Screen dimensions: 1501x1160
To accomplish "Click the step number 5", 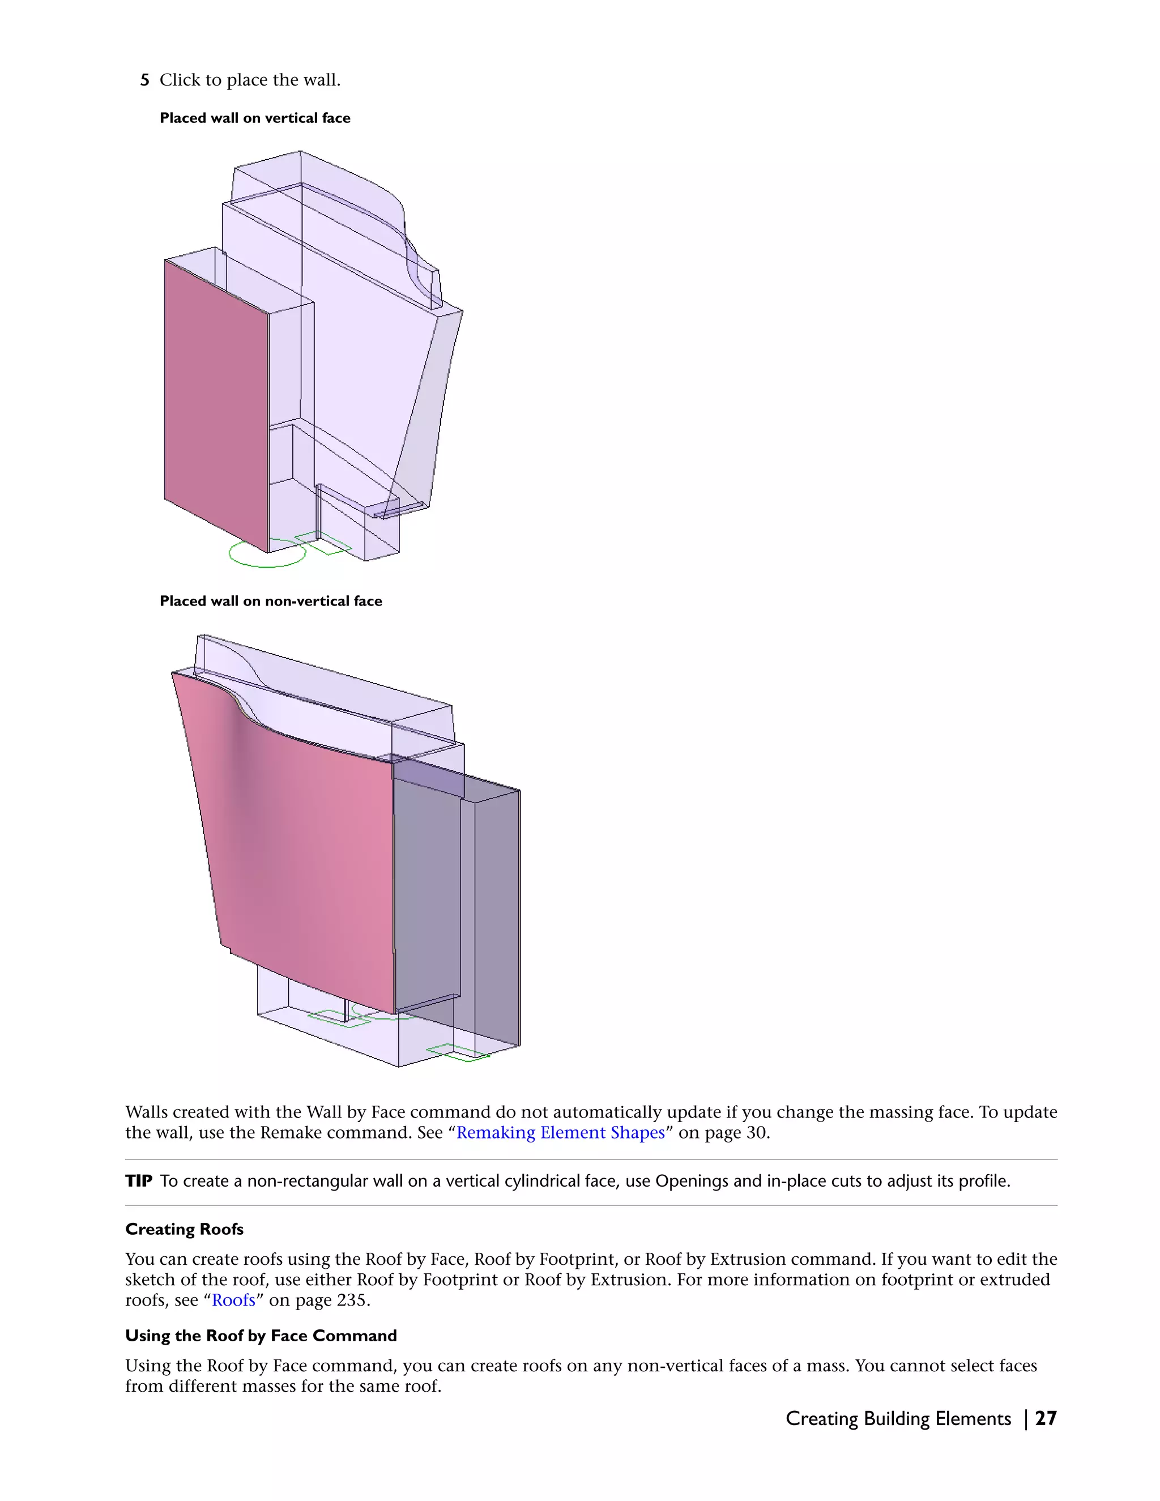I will (x=144, y=80).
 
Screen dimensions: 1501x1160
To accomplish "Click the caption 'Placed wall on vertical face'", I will (x=255, y=118).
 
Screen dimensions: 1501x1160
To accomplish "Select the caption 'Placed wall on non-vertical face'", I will (x=271, y=602).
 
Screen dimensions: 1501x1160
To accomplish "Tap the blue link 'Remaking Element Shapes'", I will (x=561, y=1133).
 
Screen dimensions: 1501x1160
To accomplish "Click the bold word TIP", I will (x=139, y=1182).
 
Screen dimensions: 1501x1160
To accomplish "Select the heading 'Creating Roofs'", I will (x=184, y=1229).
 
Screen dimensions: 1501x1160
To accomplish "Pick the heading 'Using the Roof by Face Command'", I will (x=261, y=1336).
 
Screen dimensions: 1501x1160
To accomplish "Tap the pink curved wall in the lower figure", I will (x=302, y=859).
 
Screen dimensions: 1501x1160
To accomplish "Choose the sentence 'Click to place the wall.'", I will (x=250, y=80).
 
